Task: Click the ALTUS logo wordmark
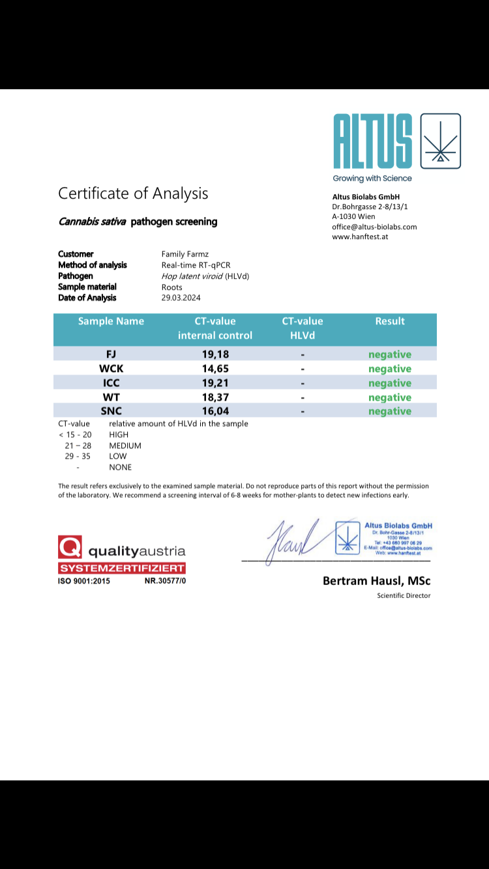point(373,141)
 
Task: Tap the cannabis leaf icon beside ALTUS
point(441,141)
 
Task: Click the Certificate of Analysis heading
point(133,193)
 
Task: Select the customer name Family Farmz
point(185,254)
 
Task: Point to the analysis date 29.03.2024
point(181,298)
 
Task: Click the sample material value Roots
point(172,287)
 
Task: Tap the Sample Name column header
point(111,321)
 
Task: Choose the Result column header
point(390,321)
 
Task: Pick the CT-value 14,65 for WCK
point(215,369)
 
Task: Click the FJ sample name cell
point(111,354)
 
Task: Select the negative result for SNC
point(390,411)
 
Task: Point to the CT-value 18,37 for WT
point(215,397)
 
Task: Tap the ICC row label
point(111,383)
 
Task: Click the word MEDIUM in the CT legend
point(125,446)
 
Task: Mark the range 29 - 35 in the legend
point(78,456)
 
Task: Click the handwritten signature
point(291,539)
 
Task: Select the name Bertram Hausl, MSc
point(376,580)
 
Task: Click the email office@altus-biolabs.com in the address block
point(374,227)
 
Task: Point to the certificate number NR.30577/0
point(165,580)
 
